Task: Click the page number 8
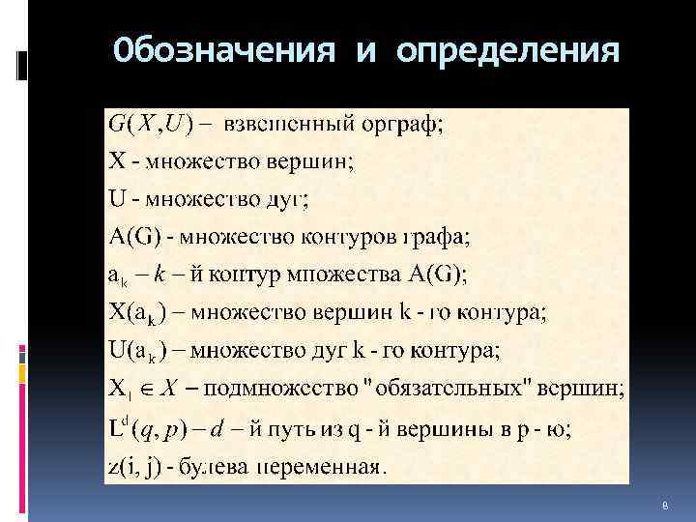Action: tap(666, 505)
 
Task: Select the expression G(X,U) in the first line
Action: tap(149, 124)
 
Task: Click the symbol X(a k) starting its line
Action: tap(136, 314)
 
